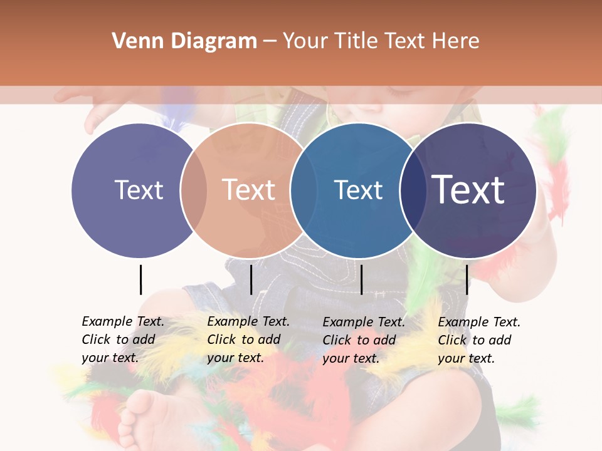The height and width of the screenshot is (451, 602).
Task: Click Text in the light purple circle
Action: tap(139, 190)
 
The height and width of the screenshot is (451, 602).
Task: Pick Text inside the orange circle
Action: tap(248, 190)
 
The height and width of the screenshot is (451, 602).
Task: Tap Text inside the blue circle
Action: tap(358, 190)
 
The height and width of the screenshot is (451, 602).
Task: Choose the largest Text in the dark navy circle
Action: tap(468, 190)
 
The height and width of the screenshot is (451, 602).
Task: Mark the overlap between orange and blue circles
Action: tap(300, 190)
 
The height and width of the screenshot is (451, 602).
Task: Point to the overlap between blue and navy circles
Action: tap(413, 190)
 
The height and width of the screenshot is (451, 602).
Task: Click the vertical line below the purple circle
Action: tap(140, 279)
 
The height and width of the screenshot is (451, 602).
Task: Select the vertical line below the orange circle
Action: tap(251, 279)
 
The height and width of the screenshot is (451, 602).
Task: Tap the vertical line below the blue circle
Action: tap(361, 279)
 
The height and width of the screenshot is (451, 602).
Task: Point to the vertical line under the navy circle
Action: tap(467, 279)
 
